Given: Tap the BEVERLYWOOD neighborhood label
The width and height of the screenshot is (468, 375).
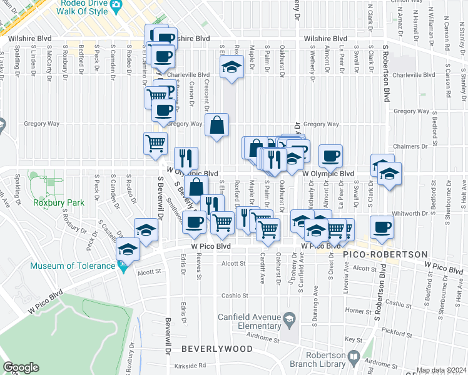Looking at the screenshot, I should pyautogui.click(x=210, y=347).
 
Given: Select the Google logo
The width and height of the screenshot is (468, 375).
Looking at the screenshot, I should pyautogui.click(x=21, y=367).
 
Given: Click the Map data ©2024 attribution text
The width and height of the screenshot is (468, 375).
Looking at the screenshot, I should pyautogui.click(x=440, y=370).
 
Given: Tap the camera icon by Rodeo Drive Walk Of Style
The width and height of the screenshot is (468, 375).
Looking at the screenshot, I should pyautogui.click(x=115, y=6).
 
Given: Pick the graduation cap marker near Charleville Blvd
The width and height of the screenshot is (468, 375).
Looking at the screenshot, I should pyautogui.click(x=231, y=67).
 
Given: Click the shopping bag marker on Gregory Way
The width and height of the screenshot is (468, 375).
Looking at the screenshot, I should pyautogui.click(x=216, y=124).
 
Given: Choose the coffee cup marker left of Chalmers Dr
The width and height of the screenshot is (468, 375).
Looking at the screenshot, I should pyautogui.click(x=330, y=156).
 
